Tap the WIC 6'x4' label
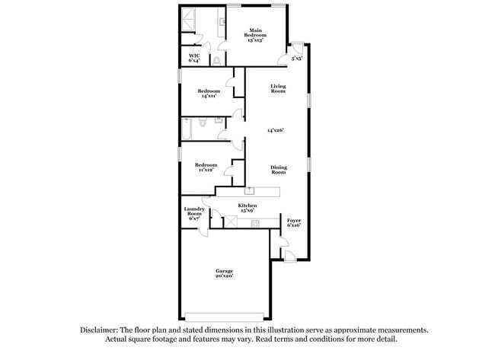[194, 58]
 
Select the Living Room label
[278, 88]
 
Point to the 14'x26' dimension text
[276, 130]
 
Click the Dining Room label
[279, 170]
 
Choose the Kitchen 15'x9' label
[247, 208]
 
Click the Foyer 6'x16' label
[294, 223]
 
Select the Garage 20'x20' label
[225, 273]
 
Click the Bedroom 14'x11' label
[209, 94]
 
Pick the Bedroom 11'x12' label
[206, 167]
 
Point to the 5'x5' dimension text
[297, 59]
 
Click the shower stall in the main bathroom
[188, 19]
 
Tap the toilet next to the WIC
[216, 61]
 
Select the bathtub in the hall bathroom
[187, 129]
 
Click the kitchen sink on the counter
[249, 190]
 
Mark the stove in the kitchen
[255, 224]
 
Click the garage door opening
[224, 317]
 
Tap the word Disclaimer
[99, 330]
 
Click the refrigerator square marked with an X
[231, 221]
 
